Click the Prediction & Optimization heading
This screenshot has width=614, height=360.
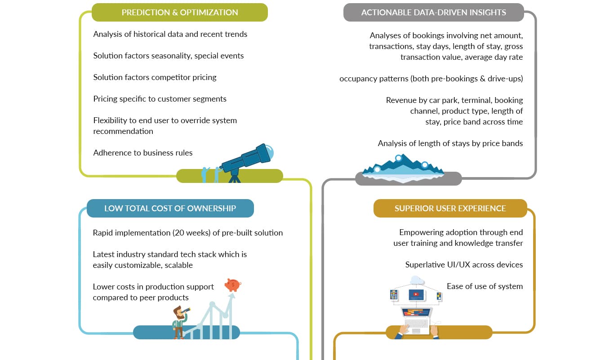[x=180, y=12]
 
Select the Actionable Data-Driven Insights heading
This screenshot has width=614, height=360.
[x=433, y=12]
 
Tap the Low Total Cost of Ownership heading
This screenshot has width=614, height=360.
[x=170, y=208]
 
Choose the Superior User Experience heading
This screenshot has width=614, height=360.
[x=450, y=208]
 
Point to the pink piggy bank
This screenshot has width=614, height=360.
[x=232, y=285]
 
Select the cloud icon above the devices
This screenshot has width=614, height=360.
[x=417, y=280]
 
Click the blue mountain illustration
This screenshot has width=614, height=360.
[x=403, y=166]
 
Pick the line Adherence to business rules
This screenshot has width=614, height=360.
[x=143, y=153]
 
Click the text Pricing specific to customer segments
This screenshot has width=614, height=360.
[x=160, y=99]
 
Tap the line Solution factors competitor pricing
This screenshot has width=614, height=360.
[x=155, y=77]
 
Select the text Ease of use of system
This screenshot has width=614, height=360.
[x=485, y=286]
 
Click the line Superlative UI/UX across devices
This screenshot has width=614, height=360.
[x=464, y=265]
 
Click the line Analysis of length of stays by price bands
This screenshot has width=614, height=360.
[x=450, y=143]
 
